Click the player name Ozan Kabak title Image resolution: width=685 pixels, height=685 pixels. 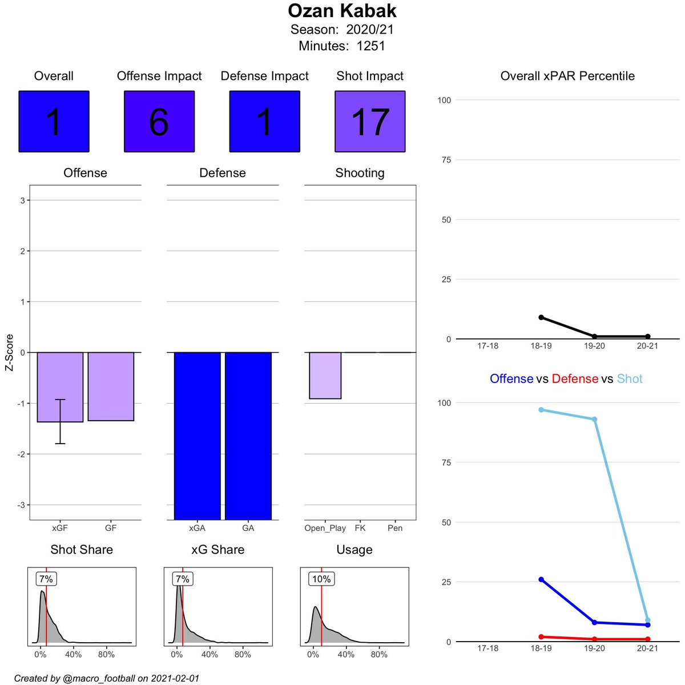click(x=342, y=11)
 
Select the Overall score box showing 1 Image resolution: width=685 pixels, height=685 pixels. click(x=54, y=122)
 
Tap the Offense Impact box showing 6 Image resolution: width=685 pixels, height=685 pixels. click(x=159, y=122)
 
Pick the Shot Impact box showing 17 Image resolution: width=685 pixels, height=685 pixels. click(x=370, y=122)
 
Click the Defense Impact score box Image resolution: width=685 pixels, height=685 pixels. click(x=264, y=122)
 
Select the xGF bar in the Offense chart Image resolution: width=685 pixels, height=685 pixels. click(x=60, y=387)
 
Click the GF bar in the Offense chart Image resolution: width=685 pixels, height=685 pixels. click(x=111, y=386)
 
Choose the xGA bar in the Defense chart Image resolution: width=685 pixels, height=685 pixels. click(x=197, y=436)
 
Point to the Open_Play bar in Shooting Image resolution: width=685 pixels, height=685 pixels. click(x=325, y=376)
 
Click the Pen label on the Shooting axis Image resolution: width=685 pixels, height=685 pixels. click(x=395, y=528)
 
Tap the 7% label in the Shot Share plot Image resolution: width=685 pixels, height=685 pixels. click(x=46, y=579)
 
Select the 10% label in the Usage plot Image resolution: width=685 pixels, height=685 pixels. click(x=321, y=579)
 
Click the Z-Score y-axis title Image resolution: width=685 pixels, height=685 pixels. click(x=10, y=353)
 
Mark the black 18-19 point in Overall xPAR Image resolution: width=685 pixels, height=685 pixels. click(x=541, y=317)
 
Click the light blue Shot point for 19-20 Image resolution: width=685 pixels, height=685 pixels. click(x=594, y=419)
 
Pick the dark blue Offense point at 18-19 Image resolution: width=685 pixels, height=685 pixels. click(x=541, y=579)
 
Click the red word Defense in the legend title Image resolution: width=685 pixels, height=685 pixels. click(x=575, y=379)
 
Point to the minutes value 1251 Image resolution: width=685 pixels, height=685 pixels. click(x=371, y=46)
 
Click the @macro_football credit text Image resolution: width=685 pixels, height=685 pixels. click(x=107, y=678)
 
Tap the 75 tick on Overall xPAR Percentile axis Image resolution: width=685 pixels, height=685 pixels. click(x=445, y=160)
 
